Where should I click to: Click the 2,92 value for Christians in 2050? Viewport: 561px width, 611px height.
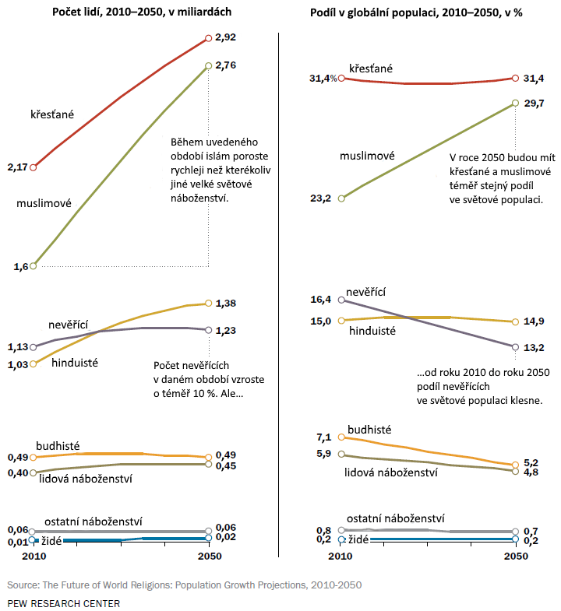226,37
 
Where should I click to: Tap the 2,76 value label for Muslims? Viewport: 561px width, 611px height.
226,66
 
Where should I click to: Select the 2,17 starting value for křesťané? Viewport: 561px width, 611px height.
16,167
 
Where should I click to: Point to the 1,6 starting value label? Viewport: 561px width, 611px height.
20,266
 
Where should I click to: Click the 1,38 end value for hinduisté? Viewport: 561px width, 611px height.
226,303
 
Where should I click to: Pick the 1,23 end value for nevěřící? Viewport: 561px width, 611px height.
226,330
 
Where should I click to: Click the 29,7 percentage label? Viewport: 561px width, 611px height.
534,103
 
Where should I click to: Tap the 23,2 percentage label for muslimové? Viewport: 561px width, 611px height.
321,198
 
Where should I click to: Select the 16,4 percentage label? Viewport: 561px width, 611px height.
321,299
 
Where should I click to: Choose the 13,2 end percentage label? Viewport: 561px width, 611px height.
534,347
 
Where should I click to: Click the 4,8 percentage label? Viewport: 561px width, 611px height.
533,472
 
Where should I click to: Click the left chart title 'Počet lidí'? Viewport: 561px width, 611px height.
142,12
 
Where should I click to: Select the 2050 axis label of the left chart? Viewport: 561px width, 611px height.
209,557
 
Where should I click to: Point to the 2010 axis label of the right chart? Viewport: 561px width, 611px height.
340,557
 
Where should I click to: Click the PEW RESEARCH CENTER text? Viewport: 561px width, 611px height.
64,603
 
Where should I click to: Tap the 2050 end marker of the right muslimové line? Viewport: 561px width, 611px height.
515,103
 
